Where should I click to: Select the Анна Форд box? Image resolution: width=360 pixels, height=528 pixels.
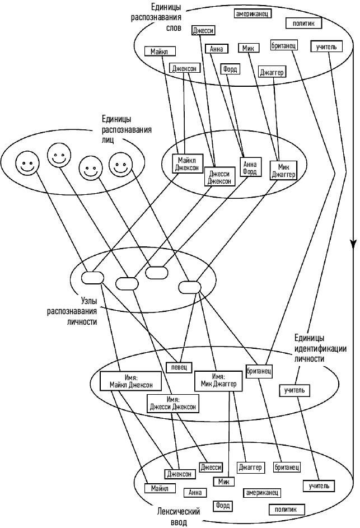pos(250,167)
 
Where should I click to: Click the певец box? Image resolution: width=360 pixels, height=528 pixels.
pos(179,367)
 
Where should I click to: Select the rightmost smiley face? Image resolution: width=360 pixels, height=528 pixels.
pos(119,165)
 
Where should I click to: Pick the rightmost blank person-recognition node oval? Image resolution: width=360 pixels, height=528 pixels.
pos(189,287)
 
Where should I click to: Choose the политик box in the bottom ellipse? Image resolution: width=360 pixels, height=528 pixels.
pos(287,509)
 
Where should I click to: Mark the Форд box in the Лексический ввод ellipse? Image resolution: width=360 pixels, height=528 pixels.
pos(223,506)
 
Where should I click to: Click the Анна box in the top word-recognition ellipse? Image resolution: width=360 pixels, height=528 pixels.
pos(216,49)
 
